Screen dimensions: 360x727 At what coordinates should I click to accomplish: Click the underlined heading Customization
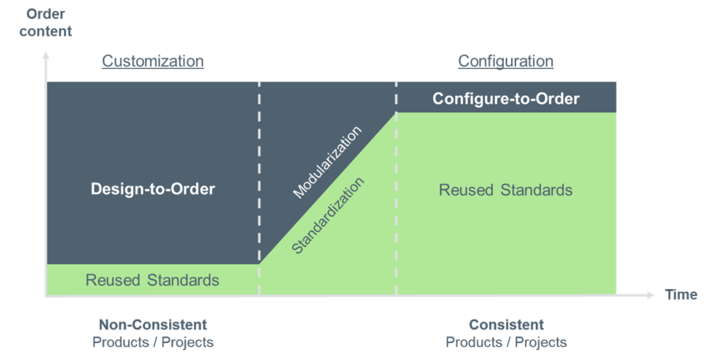153,61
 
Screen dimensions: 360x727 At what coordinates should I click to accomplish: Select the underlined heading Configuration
505,61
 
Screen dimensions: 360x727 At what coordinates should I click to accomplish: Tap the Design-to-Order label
153,189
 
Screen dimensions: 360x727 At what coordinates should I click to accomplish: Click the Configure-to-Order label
505,99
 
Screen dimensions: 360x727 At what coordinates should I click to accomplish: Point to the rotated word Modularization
327,163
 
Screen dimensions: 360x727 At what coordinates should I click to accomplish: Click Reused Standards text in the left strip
152,280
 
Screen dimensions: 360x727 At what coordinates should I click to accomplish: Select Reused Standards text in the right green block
505,190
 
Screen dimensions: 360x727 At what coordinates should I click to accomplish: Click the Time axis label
681,295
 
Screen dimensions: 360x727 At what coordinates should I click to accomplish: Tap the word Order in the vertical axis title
45,13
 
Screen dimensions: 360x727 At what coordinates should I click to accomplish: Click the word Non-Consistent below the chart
153,324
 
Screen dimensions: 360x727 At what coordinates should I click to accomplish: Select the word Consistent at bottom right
506,324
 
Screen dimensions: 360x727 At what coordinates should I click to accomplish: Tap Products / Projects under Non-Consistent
153,342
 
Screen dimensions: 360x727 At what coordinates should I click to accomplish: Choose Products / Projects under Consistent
506,342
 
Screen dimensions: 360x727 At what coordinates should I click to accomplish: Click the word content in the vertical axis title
45,31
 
